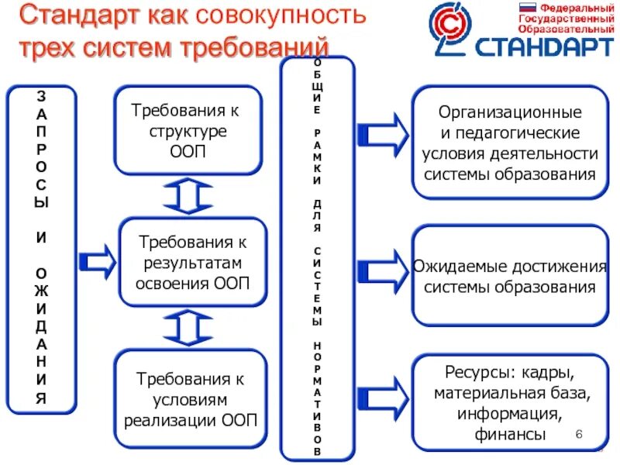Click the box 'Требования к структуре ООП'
188,131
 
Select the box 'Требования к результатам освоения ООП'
193,263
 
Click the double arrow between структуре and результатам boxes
188,197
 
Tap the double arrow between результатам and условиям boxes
188,329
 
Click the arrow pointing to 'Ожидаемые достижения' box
382,268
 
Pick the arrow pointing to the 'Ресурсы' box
382,396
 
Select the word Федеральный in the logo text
572,7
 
